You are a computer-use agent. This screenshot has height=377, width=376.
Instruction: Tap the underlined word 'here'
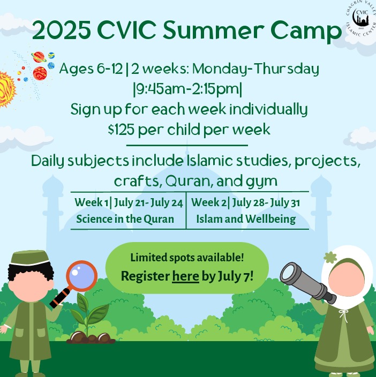click(x=185, y=276)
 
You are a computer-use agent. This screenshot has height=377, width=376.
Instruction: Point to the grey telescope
click(x=308, y=282)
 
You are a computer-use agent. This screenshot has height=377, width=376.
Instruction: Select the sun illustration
click(x=6, y=89)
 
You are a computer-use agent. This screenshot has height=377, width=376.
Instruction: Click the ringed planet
click(x=39, y=57)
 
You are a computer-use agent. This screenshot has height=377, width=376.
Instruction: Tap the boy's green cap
click(x=29, y=258)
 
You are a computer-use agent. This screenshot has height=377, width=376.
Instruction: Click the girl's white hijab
click(x=346, y=276)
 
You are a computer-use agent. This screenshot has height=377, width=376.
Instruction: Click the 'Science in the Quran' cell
click(x=125, y=219)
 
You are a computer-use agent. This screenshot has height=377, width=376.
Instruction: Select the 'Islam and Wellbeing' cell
click(x=246, y=219)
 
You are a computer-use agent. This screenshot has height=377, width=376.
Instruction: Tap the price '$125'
click(x=121, y=130)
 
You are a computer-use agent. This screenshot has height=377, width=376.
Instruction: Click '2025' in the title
click(x=61, y=31)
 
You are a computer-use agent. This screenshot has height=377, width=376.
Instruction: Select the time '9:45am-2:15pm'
click(x=187, y=89)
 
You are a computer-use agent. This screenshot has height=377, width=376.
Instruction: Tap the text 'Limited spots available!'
click(x=187, y=258)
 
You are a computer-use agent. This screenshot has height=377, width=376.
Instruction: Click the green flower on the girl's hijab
click(x=330, y=257)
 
